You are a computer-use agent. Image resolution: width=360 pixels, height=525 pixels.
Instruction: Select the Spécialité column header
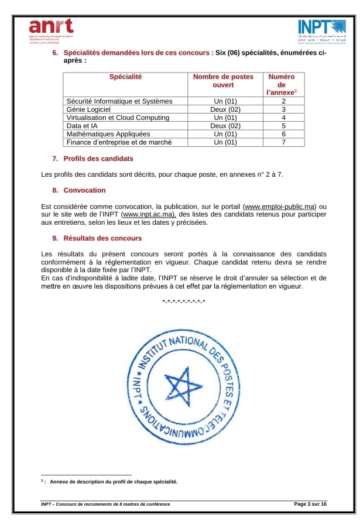tap(125, 77)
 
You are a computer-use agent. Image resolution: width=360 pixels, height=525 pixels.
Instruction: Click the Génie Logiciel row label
tap(88, 109)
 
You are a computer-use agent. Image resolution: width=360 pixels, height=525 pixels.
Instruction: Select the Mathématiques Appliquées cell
tap(108, 133)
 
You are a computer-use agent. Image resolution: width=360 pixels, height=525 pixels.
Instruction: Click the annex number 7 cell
tap(283, 142)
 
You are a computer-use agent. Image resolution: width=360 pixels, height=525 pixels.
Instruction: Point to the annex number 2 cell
tap(283, 101)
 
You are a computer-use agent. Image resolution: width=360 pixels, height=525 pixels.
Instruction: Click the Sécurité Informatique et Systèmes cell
tap(119, 101)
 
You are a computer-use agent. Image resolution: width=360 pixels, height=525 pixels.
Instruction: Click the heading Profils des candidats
tap(98, 159)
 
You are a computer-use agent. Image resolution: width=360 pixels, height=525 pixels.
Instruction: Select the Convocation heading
tap(84, 190)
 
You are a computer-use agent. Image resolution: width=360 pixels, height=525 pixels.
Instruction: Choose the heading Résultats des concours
tap(102, 238)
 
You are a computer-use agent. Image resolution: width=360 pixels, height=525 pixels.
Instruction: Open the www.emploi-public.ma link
tap(280, 207)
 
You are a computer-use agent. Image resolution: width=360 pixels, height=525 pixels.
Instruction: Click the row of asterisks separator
tap(183, 302)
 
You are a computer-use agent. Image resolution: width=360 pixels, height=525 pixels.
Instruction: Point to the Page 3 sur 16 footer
tap(310, 504)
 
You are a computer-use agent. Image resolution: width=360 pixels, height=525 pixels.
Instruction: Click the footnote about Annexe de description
tap(111, 482)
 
